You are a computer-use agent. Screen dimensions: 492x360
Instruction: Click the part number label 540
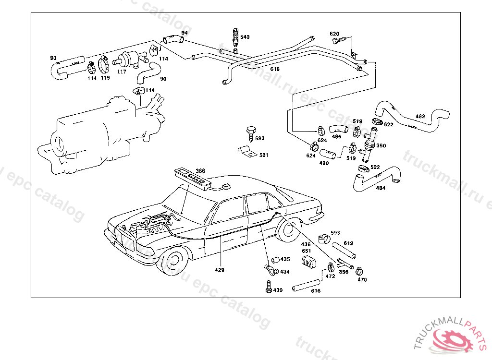[x=245, y=37]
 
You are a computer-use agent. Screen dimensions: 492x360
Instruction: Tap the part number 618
[x=275, y=69]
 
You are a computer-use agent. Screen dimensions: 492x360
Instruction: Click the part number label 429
[x=220, y=270]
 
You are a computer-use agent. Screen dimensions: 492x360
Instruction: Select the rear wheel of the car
[x=288, y=230]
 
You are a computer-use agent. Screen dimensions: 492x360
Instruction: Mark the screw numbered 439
[x=269, y=287]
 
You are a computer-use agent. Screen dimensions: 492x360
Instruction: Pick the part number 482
[x=420, y=116]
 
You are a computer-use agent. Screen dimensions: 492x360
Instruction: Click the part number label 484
[x=381, y=188]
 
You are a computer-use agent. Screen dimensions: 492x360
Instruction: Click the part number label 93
[x=53, y=58]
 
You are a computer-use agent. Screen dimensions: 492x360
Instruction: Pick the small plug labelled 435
[x=275, y=260]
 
